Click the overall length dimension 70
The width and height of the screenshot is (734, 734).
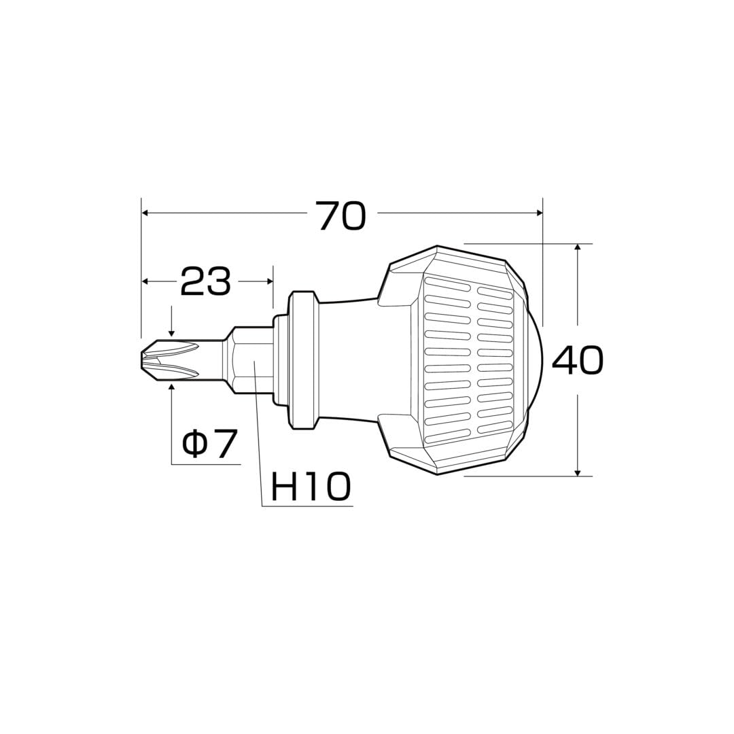tap(340, 215)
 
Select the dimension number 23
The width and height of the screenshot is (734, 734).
tap(206, 281)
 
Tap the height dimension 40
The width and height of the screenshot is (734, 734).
tap(578, 360)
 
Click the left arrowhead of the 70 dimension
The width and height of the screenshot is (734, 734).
tap(145, 213)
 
